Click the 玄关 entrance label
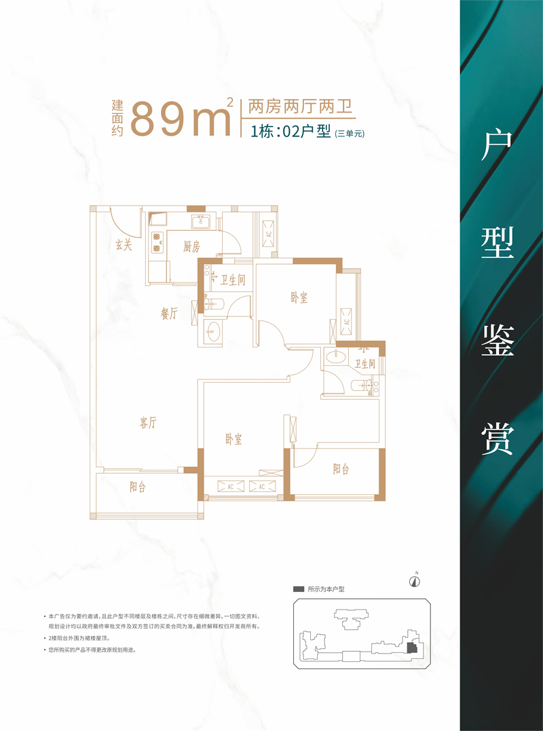(124, 245)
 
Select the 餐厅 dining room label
(169, 314)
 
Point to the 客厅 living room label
(148, 424)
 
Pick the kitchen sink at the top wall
(202, 221)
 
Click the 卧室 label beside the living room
(233, 439)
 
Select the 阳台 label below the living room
(138, 487)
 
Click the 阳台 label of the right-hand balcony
(341, 470)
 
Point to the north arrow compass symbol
(414, 580)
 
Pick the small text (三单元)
(349, 134)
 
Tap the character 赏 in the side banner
(498, 438)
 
